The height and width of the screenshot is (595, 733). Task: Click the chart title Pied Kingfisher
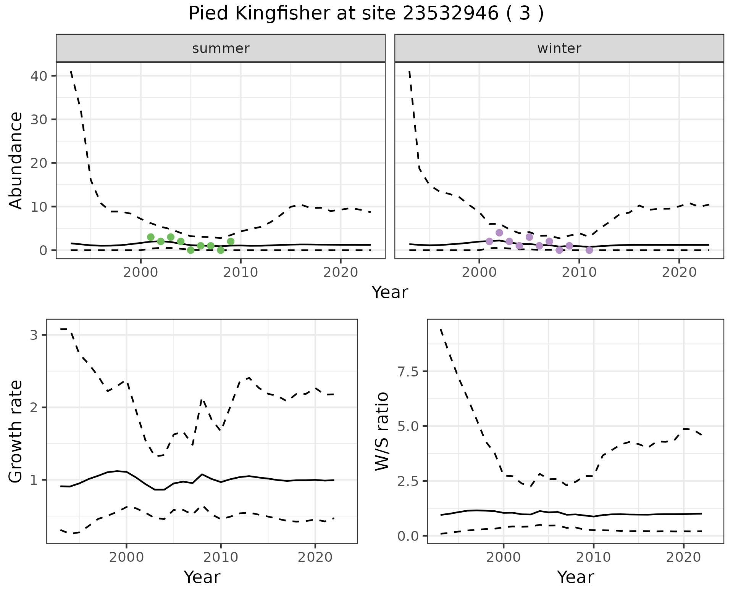point(366,14)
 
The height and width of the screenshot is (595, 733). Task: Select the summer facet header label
point(221,48)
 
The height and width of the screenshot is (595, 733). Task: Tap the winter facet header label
point(559,48)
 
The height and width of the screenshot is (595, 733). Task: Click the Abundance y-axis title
point(16,160)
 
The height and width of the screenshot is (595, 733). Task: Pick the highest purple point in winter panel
point(499,233)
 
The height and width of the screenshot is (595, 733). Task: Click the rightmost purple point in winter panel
point(589,250)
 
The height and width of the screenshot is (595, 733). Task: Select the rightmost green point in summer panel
point(231,241)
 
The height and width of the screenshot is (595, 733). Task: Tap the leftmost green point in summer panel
point(151,237)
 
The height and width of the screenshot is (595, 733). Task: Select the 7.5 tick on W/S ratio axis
point(407,371)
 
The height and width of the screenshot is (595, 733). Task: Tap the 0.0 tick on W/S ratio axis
point(407,536)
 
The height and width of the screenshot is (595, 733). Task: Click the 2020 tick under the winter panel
point(679,273)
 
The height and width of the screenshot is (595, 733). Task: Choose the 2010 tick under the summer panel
point(241,273)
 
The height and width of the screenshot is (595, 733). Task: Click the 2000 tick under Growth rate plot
point(126,557)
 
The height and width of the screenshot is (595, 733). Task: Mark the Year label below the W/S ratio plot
point(575,577)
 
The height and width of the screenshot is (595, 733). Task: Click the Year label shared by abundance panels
point(390,293)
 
